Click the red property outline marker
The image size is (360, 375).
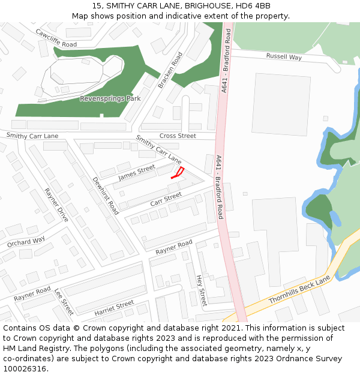point(178,173)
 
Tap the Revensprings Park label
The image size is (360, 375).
point(110,98)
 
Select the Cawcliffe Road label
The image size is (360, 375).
point(56,38)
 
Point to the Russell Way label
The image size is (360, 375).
point(284,57)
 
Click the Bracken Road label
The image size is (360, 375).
point(170,70)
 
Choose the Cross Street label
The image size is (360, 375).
point(178,136)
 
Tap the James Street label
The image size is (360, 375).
point(136,173)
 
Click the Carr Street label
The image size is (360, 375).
point(166,199)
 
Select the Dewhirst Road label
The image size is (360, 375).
point(106,196)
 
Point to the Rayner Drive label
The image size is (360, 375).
point(56,205)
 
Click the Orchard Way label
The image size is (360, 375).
point(26,242)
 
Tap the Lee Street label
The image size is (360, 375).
point(64,302)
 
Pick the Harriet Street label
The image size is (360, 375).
point(114,308)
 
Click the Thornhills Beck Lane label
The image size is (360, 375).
point(299,290)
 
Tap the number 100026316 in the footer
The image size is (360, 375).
point(25,368)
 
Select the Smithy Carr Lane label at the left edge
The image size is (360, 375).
point(32,136)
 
